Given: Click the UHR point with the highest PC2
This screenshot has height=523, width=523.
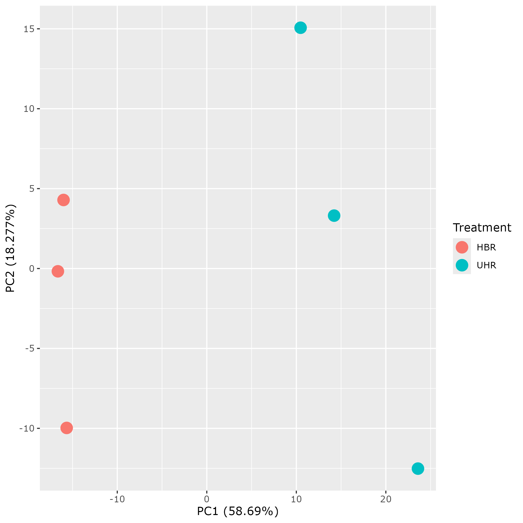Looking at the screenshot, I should pos(300,28).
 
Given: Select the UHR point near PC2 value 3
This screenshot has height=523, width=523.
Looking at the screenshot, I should pos(334,216).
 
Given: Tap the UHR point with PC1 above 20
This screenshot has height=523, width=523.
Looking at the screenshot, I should pos(418,468).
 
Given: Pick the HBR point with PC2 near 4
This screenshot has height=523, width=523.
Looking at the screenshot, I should pos(63,200).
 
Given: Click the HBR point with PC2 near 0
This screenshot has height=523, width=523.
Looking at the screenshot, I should pos(58,271).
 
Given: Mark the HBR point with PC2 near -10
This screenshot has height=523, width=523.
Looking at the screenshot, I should pos(67,428).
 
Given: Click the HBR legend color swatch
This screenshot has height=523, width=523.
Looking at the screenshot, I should pos(462,247).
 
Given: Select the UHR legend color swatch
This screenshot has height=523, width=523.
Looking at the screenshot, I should pos(462,265).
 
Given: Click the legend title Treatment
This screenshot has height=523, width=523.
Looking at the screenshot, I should pos(482,228).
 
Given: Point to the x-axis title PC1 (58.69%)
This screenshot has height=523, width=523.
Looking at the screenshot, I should pos(238,511).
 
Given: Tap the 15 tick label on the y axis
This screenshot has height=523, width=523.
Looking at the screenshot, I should pos(28,29).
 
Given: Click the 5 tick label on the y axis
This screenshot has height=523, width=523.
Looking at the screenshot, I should pos(32,189).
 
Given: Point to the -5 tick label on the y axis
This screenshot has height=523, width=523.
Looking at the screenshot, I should pos(30,348).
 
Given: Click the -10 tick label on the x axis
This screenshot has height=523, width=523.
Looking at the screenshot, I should pos(117,499).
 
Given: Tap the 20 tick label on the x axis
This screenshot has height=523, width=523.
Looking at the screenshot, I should pos(386,499).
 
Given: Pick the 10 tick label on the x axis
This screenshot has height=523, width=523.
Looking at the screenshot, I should pos(296,499).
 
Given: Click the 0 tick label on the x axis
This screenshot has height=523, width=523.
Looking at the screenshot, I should pos(207,499).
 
